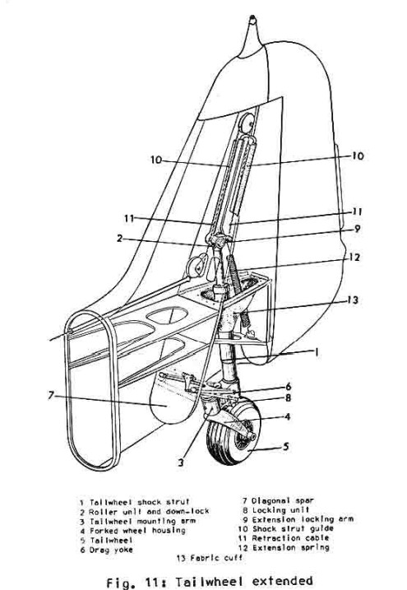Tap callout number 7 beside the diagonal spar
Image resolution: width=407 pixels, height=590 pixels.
[x=51, y=396]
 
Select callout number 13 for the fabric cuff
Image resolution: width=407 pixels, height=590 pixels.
[x=352, y=300]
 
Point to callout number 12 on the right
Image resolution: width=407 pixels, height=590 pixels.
[x=354, y=258]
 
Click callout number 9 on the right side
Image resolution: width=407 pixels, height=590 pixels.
[x=357, y=229]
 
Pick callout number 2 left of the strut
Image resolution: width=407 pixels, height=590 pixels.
[x=119, y=238]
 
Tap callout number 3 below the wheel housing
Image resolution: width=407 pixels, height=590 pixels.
[x=181, y=462]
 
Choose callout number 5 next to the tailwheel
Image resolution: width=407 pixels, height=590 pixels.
[x=286, y=447]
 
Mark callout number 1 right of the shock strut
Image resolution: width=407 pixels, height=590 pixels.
[x=317, y=352]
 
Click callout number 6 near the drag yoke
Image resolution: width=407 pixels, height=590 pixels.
[x=289, y=387]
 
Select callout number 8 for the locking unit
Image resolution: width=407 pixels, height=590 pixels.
[x=289, y=397]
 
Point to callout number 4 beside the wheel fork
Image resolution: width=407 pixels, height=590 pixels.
[x=288, y=416]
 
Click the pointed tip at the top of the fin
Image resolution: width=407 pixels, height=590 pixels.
[x=252, y=17]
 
